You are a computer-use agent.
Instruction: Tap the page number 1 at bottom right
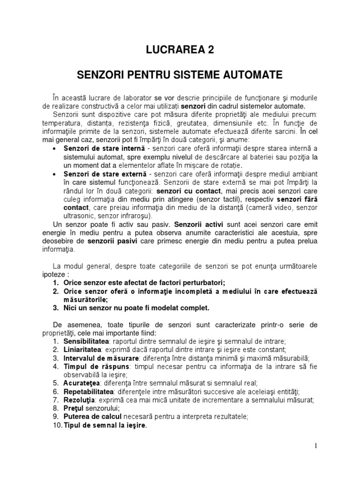(316, 446)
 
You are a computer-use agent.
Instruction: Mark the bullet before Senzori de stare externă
(55, 174)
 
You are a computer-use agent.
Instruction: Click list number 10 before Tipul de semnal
(56, 425)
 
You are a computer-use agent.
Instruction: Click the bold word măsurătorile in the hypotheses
(86, 300)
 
